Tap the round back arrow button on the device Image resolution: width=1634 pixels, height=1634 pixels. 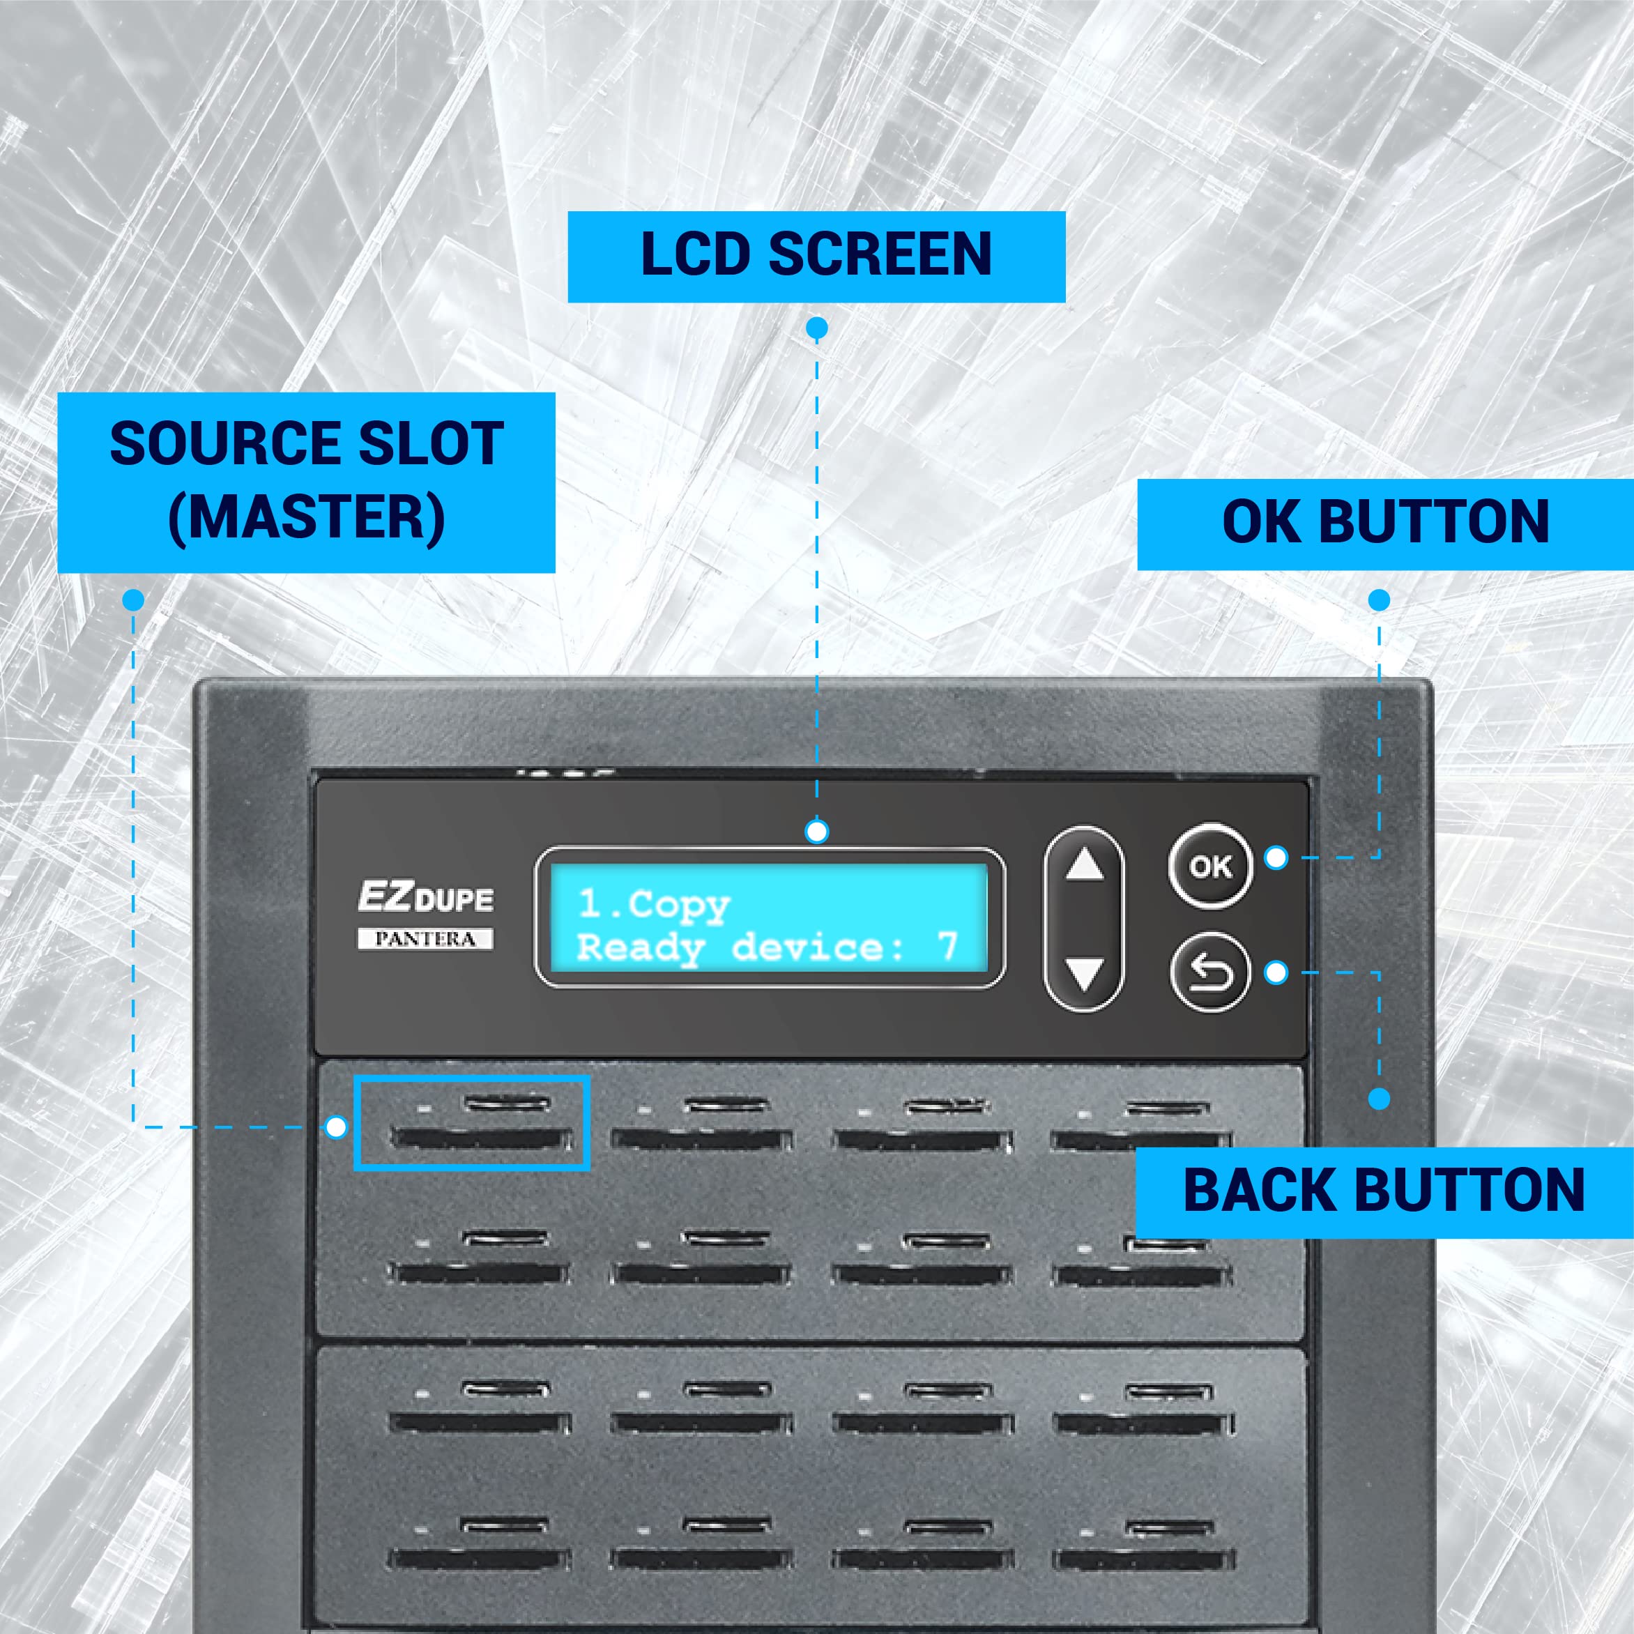pyautogui.click(x=1209, y=972)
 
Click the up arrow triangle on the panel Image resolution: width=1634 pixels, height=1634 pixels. pyautogui.click(x=1084, y=864)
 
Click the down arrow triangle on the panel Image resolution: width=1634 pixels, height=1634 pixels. pyautogui.click(x=1084, y=973)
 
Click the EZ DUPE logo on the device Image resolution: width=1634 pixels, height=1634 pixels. pyautogui.click(x=425, y=897)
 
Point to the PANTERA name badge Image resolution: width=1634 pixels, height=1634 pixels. pyautogui.click(x=425, y=939)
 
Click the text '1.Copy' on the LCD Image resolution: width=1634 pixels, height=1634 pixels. pyautogui.click(x=654, y=906)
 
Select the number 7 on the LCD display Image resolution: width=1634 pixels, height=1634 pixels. pyautogui.click(x=947, y=945)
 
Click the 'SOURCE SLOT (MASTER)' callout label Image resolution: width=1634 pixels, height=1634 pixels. pyautogui.click(x=306, y=482)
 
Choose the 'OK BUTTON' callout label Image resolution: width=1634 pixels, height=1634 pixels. pyautogui.click(x=1385, y=524)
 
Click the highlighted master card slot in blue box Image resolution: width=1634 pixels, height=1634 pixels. pyautogui.click(x=472, y=1123)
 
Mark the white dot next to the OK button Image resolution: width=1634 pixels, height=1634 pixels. pyautogui.click(x=1276, y=857)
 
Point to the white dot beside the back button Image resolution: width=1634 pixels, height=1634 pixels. pyautogui.click(x=1276, y=972)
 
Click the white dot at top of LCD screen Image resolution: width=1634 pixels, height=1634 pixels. pyautogui.click(x=816, y=832)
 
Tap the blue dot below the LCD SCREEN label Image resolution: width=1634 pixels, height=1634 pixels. pyautogui.click(x=816, y=328)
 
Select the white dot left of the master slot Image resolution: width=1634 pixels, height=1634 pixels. pyautogui.click(x=336, y=1127)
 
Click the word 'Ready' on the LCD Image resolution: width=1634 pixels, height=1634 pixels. pyautogui.click(x=640, y=948)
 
